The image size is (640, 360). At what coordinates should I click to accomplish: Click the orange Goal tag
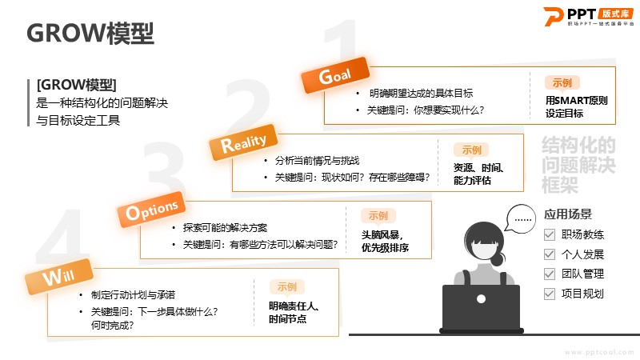tap(335, 75)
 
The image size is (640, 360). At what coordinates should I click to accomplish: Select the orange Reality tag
tap(243, 142)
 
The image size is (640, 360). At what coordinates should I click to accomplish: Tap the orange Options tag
tap(151, 210)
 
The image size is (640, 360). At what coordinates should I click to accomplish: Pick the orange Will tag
tap(58, 276)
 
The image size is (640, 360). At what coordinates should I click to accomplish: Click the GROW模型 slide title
tap(90, 33)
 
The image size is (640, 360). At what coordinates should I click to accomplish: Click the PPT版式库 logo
tap(588, 17)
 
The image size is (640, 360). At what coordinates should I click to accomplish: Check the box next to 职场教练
tap(550, 234)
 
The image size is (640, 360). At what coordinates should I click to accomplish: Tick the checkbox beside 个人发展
tap(550, 254)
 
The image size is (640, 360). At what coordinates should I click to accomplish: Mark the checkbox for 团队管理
tap(550, 274)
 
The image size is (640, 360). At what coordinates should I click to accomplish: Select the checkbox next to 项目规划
tap(550, 294)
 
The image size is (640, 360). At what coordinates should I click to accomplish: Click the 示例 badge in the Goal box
tap(562, 83)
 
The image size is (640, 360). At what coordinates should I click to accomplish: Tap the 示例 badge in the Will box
tap(287, 287)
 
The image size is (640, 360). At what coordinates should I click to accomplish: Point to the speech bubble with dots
tap(521, 218)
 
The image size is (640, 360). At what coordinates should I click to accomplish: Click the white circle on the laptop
tap(482, 298)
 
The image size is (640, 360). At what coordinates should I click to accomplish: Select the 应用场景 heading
tap(568, 214)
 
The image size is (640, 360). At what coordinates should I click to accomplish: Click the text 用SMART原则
tap(576, 101)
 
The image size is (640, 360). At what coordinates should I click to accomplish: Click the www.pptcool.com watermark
tap(599, 352)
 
